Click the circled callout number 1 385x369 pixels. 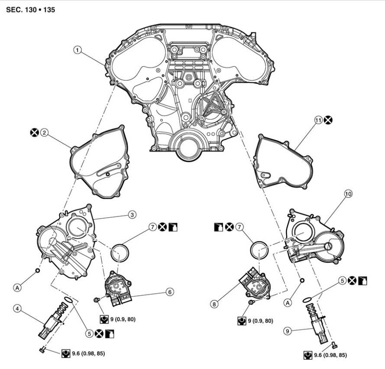[78, 50]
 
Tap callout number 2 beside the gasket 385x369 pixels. [44, 133]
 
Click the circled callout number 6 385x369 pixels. [170, 292]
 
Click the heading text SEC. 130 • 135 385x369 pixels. [31, 9]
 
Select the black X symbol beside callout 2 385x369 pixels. [34, 133]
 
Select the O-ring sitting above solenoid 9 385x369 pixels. [307, 300]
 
